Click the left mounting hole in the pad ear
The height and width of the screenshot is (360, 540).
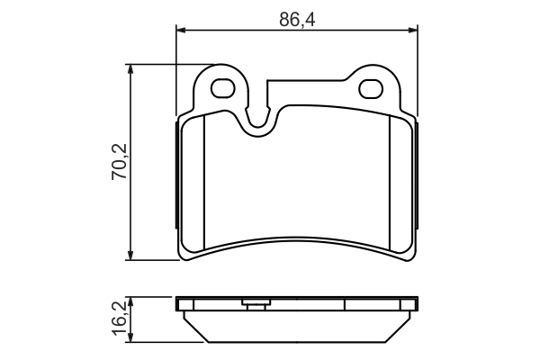coord(222,89)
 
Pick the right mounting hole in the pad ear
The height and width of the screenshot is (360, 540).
coord(372,89)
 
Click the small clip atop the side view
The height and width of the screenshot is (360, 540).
coord(254,303)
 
